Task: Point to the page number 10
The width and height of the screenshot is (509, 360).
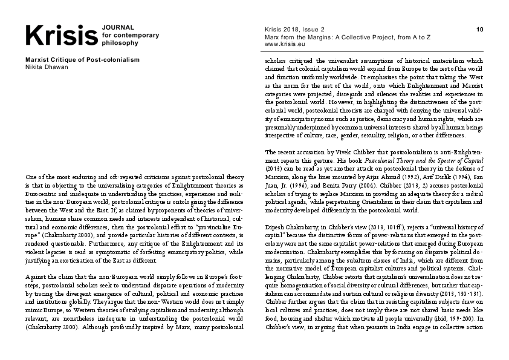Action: (x=479, y=29)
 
